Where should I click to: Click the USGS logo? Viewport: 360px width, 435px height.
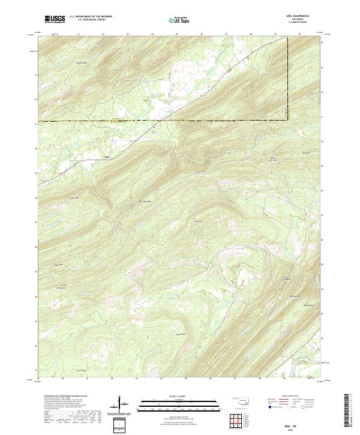[55, 19]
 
